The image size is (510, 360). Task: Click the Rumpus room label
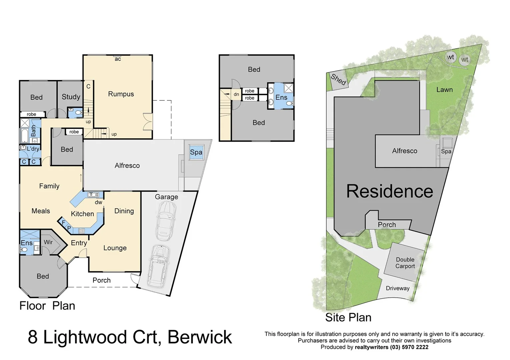121,94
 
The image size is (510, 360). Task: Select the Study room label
71,97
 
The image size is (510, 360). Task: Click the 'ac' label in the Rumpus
118,59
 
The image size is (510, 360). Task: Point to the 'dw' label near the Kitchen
98,202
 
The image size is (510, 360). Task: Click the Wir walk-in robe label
48,242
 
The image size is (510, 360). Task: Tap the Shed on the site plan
338,80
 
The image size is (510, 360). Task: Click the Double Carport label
405,263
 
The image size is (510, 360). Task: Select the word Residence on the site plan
389,191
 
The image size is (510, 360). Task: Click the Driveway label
397,288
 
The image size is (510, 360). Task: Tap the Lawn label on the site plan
444,90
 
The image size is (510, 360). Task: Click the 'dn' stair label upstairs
236,95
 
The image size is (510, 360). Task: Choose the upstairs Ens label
281,97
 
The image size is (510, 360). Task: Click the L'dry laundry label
33,149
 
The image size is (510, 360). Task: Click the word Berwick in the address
199,337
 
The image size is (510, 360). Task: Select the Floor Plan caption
47,306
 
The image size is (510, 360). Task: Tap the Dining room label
124,211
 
